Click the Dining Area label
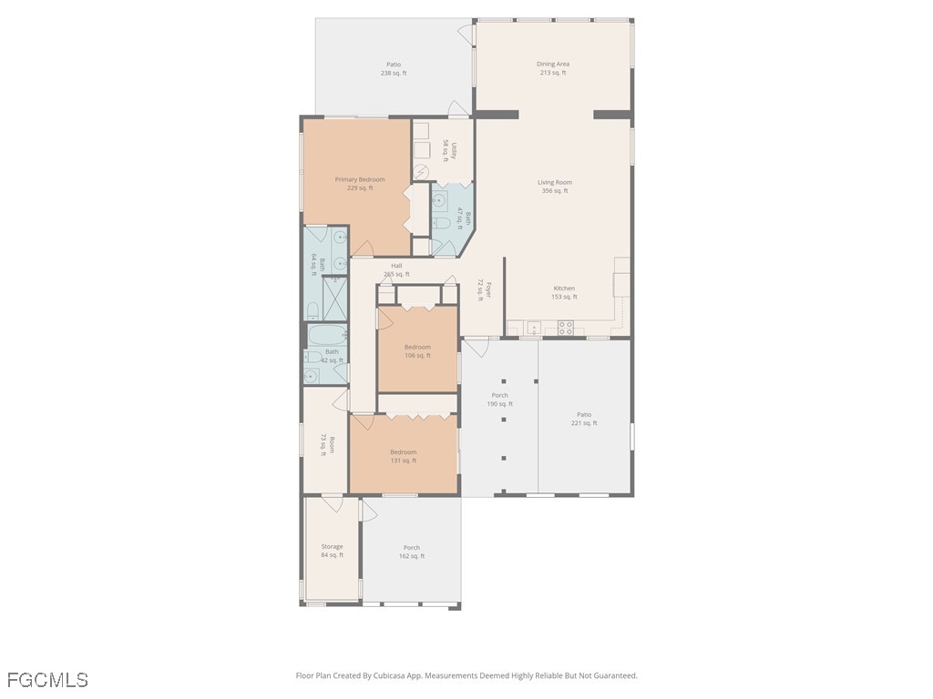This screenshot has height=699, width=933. tap(553, 68)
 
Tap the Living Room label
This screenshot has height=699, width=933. tap(555, 187)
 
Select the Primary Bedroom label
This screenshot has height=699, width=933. tap(360, 184)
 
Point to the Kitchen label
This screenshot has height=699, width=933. tap(564, 292)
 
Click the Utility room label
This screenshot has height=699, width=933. tap(449, 151)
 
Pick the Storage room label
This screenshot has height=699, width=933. tap(332, 551)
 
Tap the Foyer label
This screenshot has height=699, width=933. tap(485, 290)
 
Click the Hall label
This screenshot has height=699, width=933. tap(396, 269)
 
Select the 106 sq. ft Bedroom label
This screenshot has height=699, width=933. tap(417, 351)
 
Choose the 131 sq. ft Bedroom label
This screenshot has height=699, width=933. tap(404, 457)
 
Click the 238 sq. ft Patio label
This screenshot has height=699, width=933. tap(394, 69)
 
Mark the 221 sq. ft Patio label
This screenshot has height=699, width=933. tap(584, 419)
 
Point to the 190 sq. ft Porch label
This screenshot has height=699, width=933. tap(500, 400)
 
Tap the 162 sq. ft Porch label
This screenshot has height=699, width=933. tap(412, 552)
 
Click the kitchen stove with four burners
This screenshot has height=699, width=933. tap(565, 328)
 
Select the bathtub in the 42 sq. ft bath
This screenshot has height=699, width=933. tap(327, 335)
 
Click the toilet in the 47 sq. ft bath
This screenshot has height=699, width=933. tap(441, 224)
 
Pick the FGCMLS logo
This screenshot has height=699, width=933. tap(47, 680)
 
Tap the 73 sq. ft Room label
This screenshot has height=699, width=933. tap(328, 446)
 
